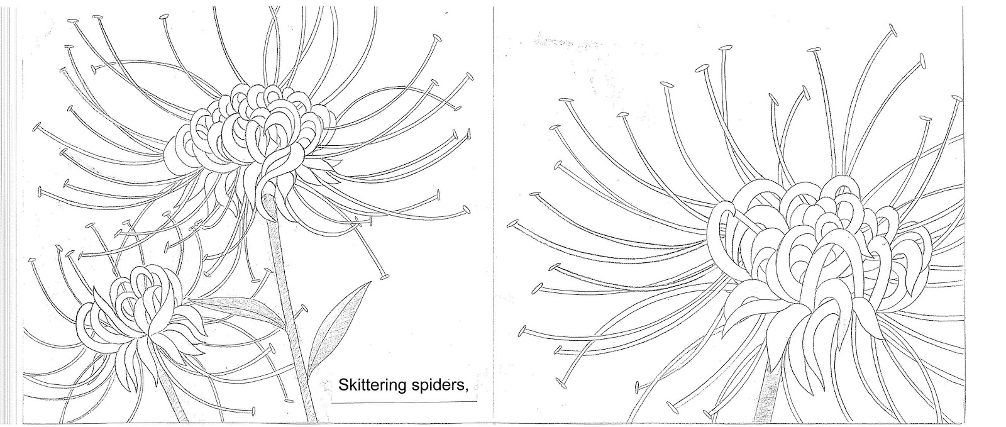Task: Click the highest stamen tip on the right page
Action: (892, 31)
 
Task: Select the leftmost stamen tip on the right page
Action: (512, 223)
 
